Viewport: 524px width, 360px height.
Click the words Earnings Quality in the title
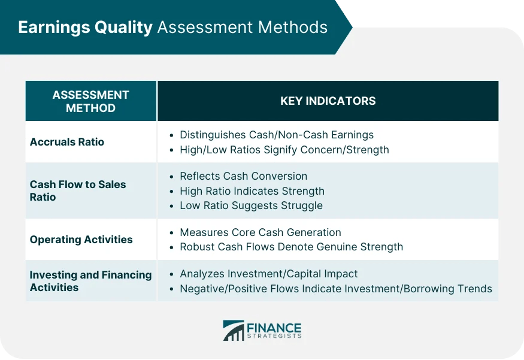click(x=85, y=28)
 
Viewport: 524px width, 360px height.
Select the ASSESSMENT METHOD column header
click(x=90, y=101)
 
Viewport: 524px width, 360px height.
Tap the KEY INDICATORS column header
click(x=328, y=101)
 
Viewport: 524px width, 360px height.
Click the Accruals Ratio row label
click(x=67, y=142)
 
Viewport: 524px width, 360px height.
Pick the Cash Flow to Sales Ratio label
click(x=78, y=190)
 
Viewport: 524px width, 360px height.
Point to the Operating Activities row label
click(x=81, y=240)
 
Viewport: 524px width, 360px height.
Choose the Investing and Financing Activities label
click(x=90, y=281)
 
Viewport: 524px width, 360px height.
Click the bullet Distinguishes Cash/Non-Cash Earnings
click(x=276, y=135)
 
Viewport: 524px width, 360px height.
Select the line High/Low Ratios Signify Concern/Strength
click(x=284, y=150)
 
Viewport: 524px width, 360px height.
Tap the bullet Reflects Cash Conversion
click(x=243, y=176)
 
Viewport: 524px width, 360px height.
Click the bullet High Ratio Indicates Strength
click(x=252, y=191)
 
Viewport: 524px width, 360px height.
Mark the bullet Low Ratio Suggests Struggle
click(x=251, y=205)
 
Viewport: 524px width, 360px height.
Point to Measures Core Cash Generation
click(x=260, y=232)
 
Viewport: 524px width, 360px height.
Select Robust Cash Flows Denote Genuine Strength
click(x=291, y=247)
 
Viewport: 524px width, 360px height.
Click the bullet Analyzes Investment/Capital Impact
click(x=268, y=274)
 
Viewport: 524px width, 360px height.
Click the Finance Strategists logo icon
click(x=233, y=330)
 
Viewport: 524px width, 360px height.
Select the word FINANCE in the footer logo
click(x=274, y=328)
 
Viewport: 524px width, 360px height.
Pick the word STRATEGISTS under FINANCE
click(x=274, y=337)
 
